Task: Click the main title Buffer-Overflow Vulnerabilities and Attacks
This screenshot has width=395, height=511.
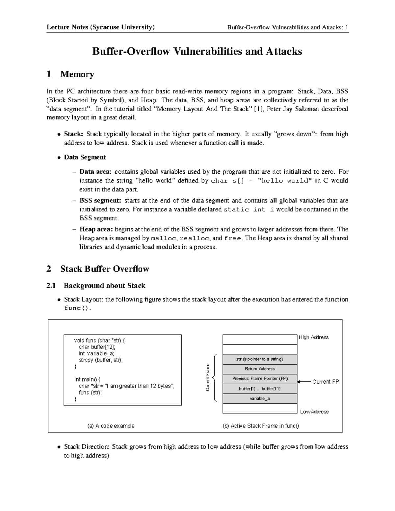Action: click(x=197, y=51)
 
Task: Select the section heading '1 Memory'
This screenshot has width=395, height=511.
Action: click(x=70, y=74)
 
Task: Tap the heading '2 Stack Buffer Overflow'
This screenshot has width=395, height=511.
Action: click(x=98, y=269)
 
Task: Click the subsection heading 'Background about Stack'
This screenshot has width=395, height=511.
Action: click(x=104, y=285)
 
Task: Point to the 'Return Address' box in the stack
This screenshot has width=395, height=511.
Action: click(x=260, y=369)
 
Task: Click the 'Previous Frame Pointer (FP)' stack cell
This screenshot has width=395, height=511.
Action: click(x=260, y=379)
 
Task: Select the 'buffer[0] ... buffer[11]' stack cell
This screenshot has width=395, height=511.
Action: click(x=260, y=389)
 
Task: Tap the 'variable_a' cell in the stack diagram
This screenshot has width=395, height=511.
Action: click(x=260, y=398)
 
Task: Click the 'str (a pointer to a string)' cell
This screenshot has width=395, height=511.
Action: click(x=260, y=359)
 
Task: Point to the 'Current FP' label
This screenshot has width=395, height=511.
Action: click(x=325, y=382)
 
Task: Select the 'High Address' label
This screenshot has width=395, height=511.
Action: click(x=313, y=337)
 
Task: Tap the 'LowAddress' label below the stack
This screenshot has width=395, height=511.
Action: click(x=314, y=412)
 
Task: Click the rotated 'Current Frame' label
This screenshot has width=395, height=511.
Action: click(x=208, y=377)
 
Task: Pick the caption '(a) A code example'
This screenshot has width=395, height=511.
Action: click(x=111, y=426)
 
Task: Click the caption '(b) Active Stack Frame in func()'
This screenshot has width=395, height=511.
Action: click(x=261, y=426)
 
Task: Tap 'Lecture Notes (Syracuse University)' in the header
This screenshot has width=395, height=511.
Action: click(x=100, y=27)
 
